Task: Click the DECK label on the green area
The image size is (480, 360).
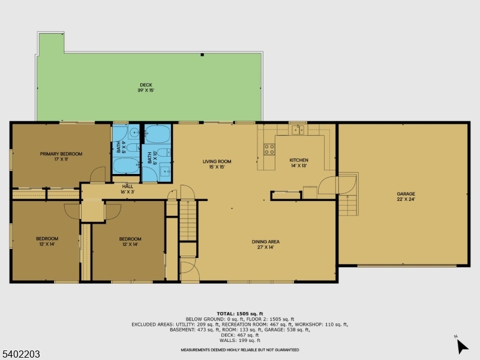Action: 146,85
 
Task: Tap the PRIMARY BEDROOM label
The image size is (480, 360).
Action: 61,154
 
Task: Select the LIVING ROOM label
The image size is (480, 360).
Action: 217,161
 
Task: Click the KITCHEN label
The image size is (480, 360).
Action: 299,160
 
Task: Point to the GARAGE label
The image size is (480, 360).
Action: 405,194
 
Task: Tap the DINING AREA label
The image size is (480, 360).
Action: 265,242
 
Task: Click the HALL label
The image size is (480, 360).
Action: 127,186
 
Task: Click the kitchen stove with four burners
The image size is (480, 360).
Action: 269,149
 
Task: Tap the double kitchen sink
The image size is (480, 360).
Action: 297,129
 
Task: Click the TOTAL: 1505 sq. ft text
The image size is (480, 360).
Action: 239,313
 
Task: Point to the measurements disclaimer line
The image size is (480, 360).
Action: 239,350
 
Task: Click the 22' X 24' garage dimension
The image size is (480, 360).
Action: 405,200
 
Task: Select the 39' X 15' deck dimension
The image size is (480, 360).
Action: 146,91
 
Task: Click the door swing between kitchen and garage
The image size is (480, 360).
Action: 328,185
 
